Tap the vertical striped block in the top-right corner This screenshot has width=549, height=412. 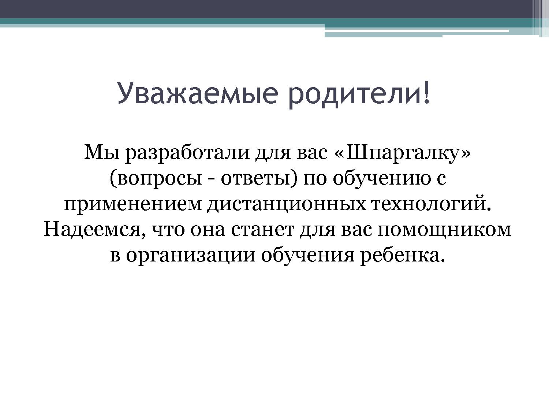(540, 18)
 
